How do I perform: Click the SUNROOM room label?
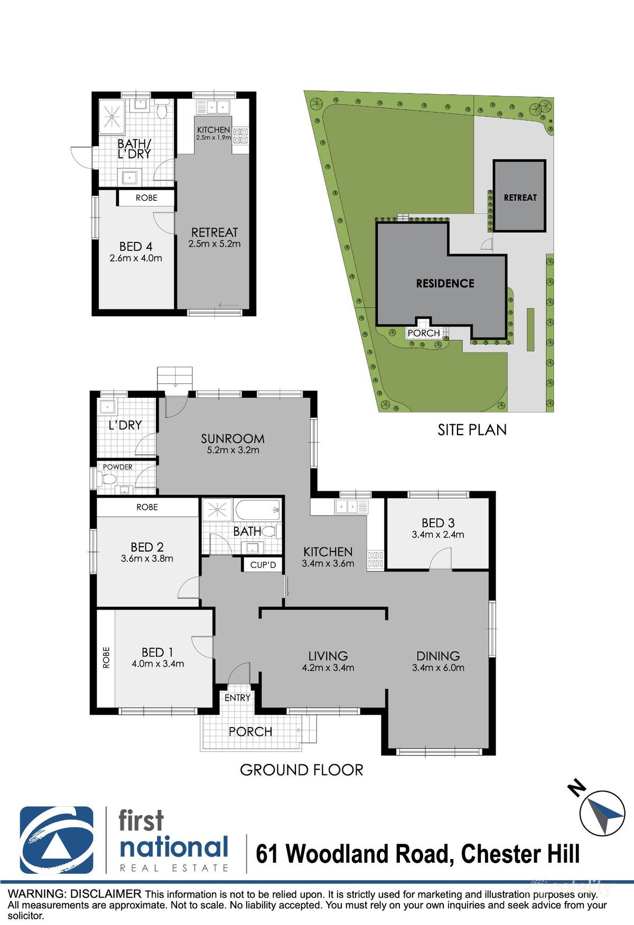click(232, 438)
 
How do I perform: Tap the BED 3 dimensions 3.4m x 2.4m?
click(438, 535)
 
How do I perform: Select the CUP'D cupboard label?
click(263, 565)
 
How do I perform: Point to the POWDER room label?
click(118, 467)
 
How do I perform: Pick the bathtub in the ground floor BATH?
click(258, 510)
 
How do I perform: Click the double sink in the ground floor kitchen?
click(349, 507)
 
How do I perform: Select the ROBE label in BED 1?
click(106, 657)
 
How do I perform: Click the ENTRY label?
click(237, 698)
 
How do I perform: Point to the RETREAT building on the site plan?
click(519, 197)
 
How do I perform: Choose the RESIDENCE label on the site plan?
click(445, 284)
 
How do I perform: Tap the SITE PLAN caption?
click(472, 429)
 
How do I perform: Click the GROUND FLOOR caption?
click(301, 770)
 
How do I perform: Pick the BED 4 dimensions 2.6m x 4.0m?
click(136, 258)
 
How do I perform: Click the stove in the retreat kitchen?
click(240, 136)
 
